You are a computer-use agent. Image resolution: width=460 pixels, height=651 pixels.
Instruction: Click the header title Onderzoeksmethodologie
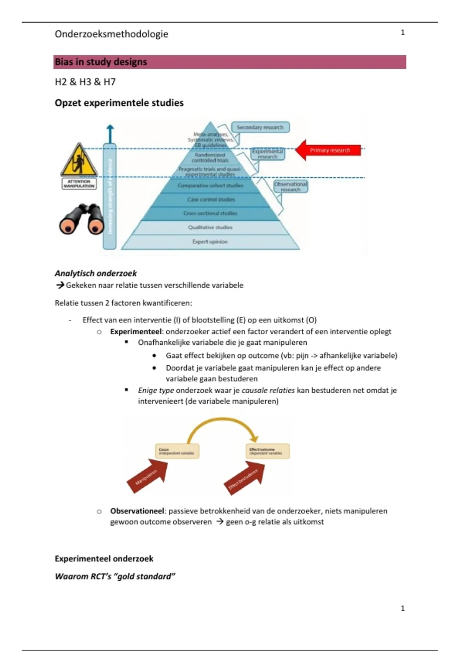(111, 34)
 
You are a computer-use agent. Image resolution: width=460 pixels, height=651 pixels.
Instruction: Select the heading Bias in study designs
(101, 62)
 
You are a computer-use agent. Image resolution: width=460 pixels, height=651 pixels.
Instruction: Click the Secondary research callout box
(260, 127)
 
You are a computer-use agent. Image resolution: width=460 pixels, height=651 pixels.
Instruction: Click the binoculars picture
(82, 219)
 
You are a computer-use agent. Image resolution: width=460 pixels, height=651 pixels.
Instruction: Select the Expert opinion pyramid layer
(210, 242)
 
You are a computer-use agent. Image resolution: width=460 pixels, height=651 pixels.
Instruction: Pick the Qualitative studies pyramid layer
(210, 227)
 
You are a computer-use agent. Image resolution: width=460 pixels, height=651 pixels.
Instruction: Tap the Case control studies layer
(211, 200)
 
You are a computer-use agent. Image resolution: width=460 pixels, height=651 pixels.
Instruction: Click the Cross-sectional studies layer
(210, 213)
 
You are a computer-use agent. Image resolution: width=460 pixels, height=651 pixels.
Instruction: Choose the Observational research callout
(291, 186)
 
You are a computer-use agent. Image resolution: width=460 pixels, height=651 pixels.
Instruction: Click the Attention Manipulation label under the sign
(79, 184)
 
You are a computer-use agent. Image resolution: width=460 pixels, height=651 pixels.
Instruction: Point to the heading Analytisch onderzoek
(95, 273)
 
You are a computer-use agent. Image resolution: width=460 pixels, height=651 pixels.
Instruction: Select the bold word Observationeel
(138, 511)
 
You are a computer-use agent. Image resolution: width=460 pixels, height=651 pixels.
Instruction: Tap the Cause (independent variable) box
(177, 451)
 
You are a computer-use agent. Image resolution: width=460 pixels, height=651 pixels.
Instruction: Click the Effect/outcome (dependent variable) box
(267, 451)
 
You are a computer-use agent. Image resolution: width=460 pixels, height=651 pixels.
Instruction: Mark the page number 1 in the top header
(402, 33)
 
